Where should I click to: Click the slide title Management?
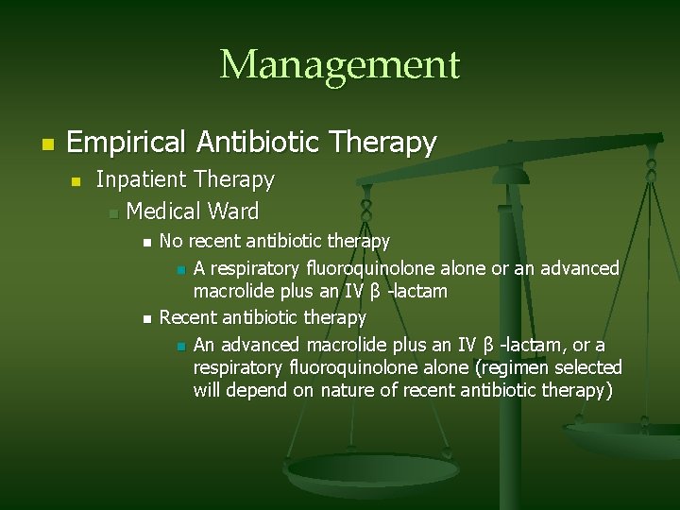point(339,65)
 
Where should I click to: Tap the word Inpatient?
point(142,179)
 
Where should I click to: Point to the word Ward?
point(236,211)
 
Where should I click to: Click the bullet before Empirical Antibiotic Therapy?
point(45,144)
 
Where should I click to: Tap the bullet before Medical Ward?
point(111,212)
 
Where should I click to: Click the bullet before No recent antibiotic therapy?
point(145,244)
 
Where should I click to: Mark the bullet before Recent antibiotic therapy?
point(145,319)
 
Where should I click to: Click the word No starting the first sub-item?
point(171,242)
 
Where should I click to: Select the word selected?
point(589,366)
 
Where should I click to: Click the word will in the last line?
point(208,390)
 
